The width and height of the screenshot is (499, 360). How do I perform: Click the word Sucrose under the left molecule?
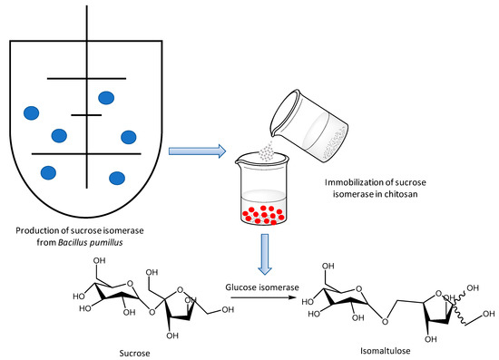pyautogui.click(x=134, y=353)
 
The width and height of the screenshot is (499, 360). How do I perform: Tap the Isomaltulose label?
pyautogui.click(x=385, y=351)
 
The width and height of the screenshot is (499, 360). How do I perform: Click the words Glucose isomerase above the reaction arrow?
pyautogui.click(x=262, y=287)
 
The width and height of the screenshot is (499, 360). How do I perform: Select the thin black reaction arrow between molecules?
pyautogui.click(x=263, y=297)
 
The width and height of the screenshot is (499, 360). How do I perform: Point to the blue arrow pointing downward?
pyautogui.click(x=265, y=254)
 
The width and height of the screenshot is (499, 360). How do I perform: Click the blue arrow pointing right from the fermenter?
pyautogui.click(x=197, y=151)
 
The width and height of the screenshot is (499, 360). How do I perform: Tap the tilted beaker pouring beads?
pyautogui.click(x=308, y=126)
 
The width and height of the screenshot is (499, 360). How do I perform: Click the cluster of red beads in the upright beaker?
pyautogui.click(x=263, y=215)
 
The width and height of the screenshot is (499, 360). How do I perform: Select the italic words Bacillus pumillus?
pyautogui.click(x=91, y=243)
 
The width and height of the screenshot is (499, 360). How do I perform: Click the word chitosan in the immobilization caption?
pyautogui.click(x=401, y=194)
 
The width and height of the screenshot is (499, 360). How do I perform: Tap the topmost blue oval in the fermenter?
pyautogui.click(x=106, y=98)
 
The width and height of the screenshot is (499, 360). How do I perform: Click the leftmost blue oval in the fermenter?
pyautogui.click(x=31, y=113)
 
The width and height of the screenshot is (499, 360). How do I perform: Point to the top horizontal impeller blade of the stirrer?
pyautogui.click(x=86, y=78)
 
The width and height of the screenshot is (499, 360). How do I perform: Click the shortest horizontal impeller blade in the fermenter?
pyautogui.click(x=86, y=115)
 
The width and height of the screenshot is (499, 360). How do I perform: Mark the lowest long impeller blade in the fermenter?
pyautogui.click(x=86, y=154)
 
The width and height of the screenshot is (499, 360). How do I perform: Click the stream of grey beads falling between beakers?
pyautogui.click(x=267, y=152)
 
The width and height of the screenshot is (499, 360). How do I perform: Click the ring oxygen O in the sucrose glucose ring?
pyautogui.click(x=130, y=283)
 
